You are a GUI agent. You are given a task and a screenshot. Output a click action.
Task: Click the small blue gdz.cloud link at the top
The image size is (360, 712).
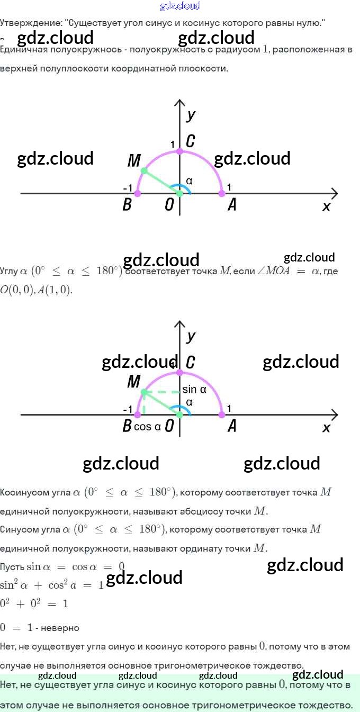180,6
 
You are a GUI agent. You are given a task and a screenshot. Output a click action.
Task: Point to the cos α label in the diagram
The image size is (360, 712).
147,427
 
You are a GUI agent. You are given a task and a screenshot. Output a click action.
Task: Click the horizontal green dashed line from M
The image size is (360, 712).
161,392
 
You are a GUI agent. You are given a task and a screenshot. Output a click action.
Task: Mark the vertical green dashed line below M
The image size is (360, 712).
143,403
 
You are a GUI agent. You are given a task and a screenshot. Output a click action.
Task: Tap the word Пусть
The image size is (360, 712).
12,567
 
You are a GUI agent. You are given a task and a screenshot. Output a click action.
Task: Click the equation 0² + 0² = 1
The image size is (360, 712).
34,603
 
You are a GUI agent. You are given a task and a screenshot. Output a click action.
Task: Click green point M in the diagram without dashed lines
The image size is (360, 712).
144,170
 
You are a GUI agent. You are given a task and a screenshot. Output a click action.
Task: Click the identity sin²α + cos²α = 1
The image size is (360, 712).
51,585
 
